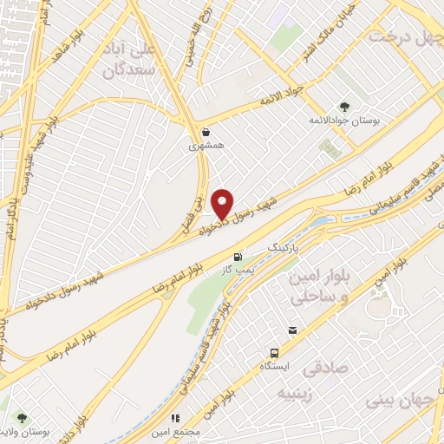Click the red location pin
coord(224,203)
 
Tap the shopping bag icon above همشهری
coord(206,133)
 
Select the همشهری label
coord(206,147)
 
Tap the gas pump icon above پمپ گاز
coord(238,257)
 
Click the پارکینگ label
coord(288,247)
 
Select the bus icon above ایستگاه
coord(274,353)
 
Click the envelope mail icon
coord(293,330)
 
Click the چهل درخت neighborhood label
coord(405,37)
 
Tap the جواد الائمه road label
coord(283,104)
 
